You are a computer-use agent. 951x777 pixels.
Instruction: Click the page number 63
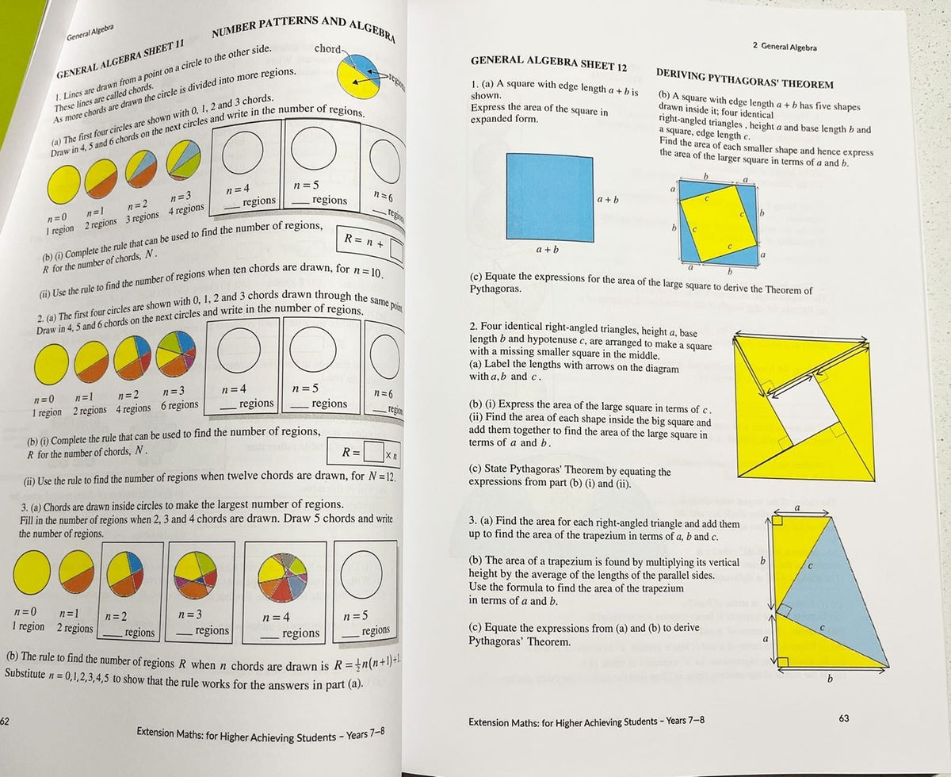point(842,718)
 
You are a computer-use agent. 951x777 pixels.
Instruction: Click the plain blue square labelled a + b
point(549,195)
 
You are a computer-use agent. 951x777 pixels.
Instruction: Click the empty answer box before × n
point(373,455)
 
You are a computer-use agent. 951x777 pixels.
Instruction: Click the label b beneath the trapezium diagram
point(830,679)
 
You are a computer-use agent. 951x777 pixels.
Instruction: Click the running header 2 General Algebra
point(784,47)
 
